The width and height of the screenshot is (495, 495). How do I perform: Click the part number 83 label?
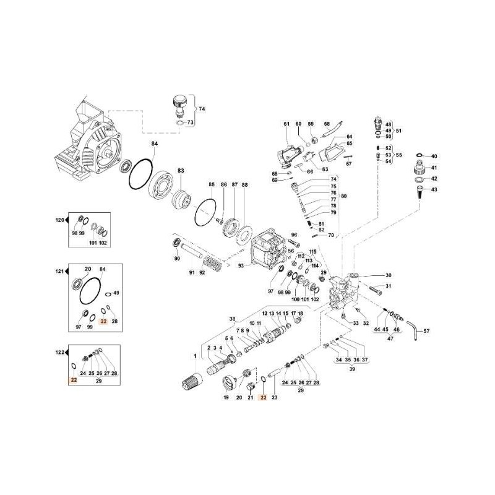click(181, 170)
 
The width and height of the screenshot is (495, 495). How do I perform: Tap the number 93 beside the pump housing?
click(242, 265)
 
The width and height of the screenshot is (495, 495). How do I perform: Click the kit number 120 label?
click(59, 221)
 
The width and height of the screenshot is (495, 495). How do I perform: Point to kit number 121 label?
click(59, 272)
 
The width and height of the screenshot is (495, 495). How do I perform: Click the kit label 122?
click(59, 353)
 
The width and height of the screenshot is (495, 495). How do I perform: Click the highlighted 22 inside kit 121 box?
click(104, 322)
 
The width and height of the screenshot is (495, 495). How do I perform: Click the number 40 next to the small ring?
click(434, 156)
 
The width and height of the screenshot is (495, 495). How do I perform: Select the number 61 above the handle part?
click(286, 124)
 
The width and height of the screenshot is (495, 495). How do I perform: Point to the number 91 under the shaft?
click(191, 273)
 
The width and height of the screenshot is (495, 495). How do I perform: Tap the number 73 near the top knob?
click(191, 123)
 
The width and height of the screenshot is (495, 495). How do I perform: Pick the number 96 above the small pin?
click(295, 235)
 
